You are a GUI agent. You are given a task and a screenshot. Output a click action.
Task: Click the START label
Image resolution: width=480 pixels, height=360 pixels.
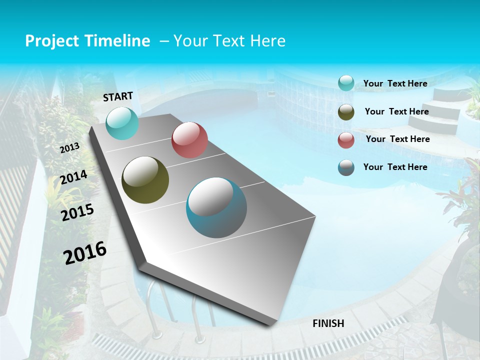(118, 96)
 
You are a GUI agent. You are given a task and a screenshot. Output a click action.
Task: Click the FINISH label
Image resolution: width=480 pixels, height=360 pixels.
(328, 323)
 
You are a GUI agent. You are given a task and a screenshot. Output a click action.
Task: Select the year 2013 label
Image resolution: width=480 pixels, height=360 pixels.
(69, 147)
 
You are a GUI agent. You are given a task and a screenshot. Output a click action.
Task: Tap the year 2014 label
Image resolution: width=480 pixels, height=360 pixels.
(73, 177)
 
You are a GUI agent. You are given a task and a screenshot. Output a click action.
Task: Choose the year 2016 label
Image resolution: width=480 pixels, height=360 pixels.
(85, 253)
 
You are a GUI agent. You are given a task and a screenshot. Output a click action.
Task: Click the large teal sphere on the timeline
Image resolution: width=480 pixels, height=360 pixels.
(122, 123)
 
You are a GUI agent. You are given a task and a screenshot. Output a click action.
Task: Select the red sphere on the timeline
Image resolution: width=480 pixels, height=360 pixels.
(189, 140)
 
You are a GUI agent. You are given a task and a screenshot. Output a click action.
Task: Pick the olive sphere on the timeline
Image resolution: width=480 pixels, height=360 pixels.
(145, 180)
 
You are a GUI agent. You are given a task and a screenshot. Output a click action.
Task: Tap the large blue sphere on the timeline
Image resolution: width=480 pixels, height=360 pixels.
(216, 207)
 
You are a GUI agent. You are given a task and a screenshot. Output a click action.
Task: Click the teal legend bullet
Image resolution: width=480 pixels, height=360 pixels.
(346, 83)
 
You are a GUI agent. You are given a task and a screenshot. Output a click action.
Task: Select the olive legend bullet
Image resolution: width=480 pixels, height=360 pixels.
(346, 112)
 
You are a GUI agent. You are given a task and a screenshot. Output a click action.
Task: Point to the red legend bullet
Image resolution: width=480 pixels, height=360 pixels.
(346, 140)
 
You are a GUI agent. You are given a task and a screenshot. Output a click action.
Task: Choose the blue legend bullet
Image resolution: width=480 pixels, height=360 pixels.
(346, 167)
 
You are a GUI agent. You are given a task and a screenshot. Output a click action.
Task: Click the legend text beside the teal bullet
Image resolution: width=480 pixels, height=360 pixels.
(395, 83)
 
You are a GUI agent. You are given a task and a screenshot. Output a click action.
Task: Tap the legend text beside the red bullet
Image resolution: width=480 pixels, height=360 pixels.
(397, 139)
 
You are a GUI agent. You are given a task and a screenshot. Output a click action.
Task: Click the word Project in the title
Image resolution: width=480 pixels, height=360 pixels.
(52, 41)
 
